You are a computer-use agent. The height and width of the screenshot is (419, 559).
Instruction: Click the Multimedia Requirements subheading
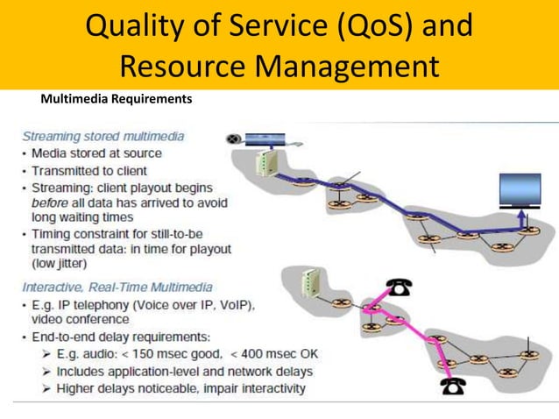point(117,99)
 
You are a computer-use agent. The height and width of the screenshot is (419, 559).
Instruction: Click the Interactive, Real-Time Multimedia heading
point(117,287)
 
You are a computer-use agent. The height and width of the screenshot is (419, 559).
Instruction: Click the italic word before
point(51,202)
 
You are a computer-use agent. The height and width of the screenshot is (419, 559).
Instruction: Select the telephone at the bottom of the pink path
point(453,387)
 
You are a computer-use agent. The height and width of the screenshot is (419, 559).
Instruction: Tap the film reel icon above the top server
point(234,138)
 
